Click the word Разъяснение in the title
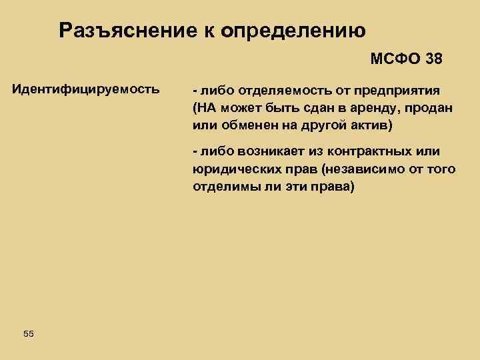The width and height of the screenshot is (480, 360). [130, 31]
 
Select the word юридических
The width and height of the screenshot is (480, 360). [231, 169]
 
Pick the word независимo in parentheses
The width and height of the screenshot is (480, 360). [359, 169]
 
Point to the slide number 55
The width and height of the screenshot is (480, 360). [27, 333]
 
